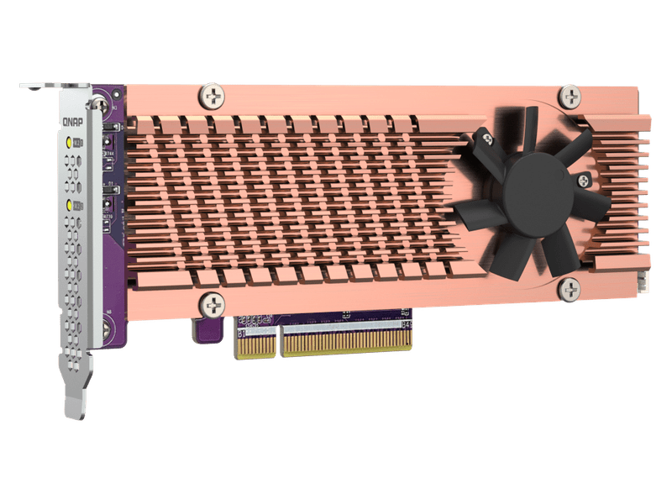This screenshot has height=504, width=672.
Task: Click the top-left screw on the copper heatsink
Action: tap(211, 96)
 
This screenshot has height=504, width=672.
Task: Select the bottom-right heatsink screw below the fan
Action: tap(569, 289)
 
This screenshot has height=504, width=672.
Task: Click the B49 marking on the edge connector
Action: tap(407, 324)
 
